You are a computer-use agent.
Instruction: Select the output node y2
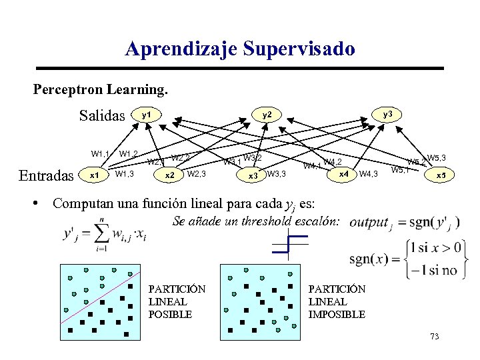click(x=267, y=115)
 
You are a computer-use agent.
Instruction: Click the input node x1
click(x=94, y=175)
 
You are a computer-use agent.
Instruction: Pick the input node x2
click(x=169, y=175)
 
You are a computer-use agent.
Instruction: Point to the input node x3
click(x=253, y=176)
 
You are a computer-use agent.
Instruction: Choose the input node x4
click(x=343, y=173)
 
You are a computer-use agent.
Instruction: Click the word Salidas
click(x=102, y=115)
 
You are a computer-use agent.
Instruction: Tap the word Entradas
click(x=46, y=175)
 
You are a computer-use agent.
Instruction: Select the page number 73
click(x=435, y=337)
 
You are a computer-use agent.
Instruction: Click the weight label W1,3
click(x=125, y=175)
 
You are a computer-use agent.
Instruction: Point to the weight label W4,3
click(x=368, y=175)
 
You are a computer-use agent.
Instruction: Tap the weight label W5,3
click(x=437, y=157)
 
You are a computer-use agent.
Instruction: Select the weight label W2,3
click(x=197, y=175)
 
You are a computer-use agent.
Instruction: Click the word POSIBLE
click(x=170, y=314)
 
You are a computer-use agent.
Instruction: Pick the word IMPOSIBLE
click(x=337, y=314)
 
